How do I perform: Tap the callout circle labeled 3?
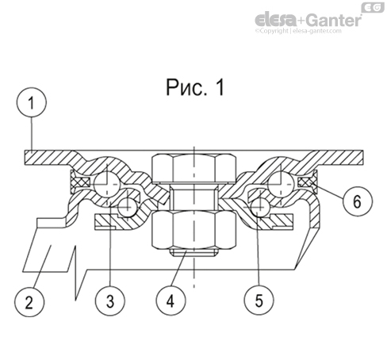click(110, 301)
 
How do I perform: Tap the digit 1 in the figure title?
click(217, 88)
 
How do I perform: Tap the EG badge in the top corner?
click(373, 7)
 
